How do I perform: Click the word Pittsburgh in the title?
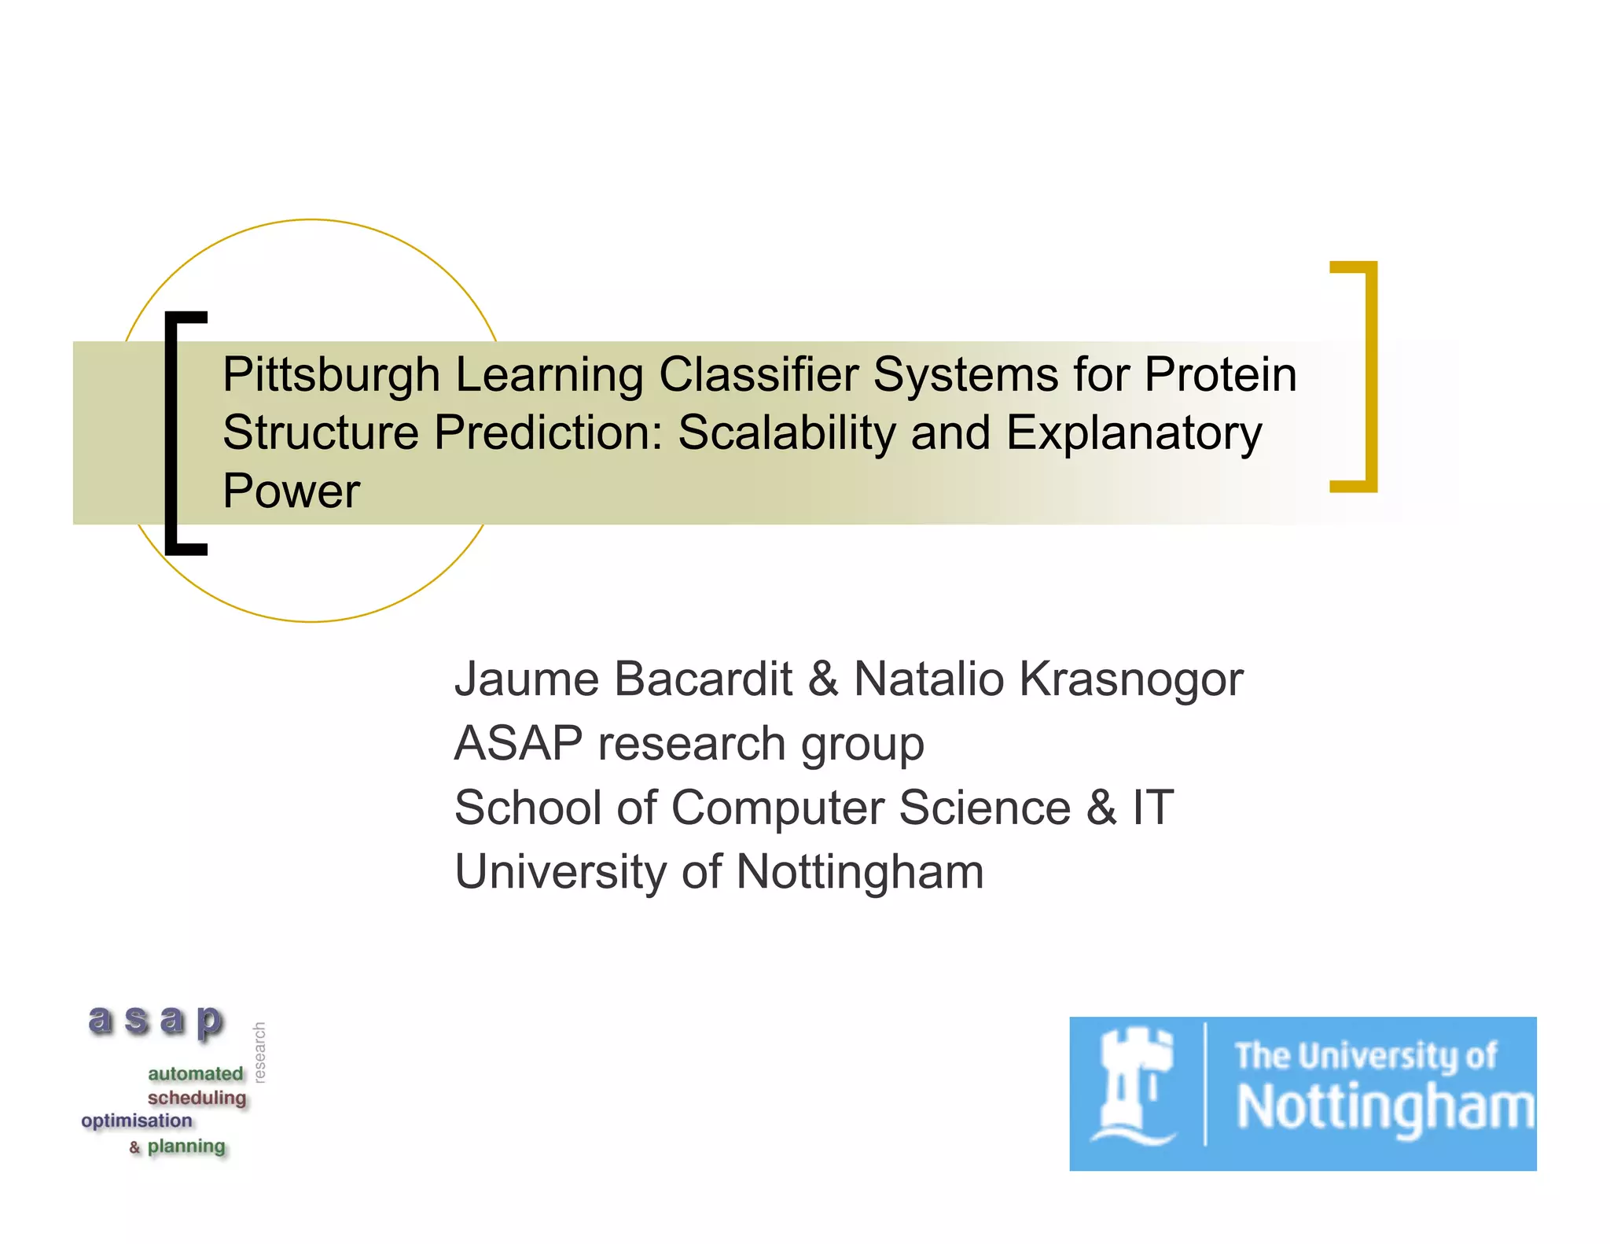(330, 374)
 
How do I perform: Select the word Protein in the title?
(1219, 374)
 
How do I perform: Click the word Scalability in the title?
(785, 432)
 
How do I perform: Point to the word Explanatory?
(1134, 432)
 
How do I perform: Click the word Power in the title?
(291, 491)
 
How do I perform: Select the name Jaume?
(527, 679)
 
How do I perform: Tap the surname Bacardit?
(703, 679)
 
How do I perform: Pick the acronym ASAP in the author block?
(519, 743)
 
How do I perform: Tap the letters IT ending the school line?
(1152, 808)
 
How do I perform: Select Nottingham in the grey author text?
(859, 873)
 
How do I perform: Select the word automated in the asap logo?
(195, 1073)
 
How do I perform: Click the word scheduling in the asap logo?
(197, 1098)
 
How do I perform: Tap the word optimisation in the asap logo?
(137, 1121)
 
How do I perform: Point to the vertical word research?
(260, 1053)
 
